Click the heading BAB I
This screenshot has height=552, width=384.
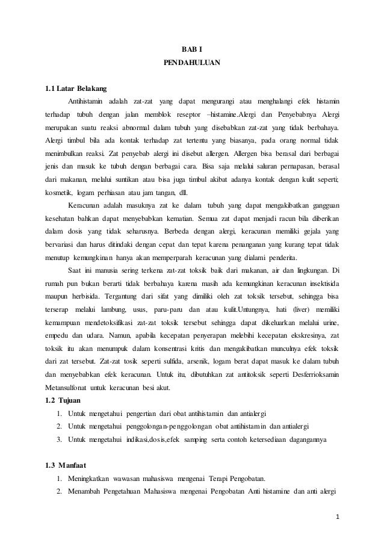tap(192, 49)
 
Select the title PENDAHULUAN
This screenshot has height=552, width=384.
tap(192, 63)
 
